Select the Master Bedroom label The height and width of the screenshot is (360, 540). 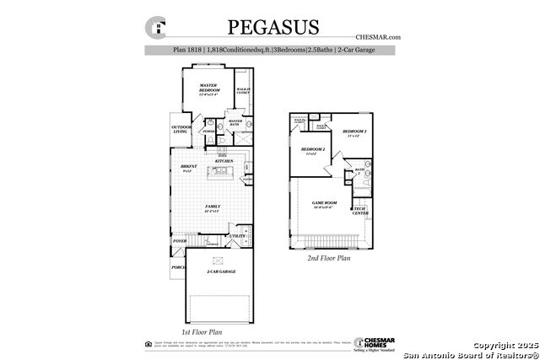tap(208, 89)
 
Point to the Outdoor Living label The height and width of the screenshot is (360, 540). tap(181, 128)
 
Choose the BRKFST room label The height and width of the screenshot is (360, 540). tap(188, 168)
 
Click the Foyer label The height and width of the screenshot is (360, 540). tap(179, 241)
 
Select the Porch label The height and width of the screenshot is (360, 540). tap(178, 267)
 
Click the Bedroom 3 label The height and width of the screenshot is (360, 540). tap(354, 133)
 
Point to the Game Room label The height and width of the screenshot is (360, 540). tap(325, 204)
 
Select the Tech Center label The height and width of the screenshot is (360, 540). tap(360, 211)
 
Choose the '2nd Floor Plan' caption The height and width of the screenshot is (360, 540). tap(327, 258)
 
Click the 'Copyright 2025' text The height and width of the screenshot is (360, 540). tap(503, 345)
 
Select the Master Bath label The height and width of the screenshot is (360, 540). tap(235, 122)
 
